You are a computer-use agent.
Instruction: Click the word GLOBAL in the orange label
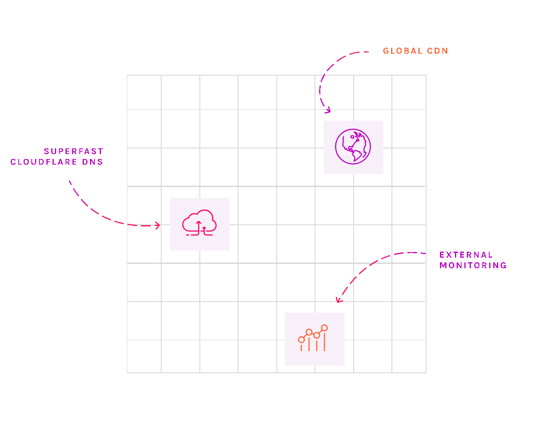402,51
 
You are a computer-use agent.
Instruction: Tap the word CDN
437,51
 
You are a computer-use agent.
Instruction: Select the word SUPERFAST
74,151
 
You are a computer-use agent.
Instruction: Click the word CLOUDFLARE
44,162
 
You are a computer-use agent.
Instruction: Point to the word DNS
92,162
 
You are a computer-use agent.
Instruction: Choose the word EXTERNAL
466,255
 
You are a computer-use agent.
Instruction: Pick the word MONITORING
473,265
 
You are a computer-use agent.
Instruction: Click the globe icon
353,147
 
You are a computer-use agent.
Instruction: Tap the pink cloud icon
199,223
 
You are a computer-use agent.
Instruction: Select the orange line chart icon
313,338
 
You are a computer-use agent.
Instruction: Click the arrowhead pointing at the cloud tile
158,225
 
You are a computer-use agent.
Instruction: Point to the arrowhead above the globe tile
328,110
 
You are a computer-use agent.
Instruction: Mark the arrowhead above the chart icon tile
338,300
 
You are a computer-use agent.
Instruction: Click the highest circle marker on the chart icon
324,328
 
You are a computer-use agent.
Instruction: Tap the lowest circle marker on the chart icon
301,339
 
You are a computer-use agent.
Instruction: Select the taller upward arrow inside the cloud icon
199,227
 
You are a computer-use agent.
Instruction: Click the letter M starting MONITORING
443,265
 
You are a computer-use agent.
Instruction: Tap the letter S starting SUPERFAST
46,151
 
